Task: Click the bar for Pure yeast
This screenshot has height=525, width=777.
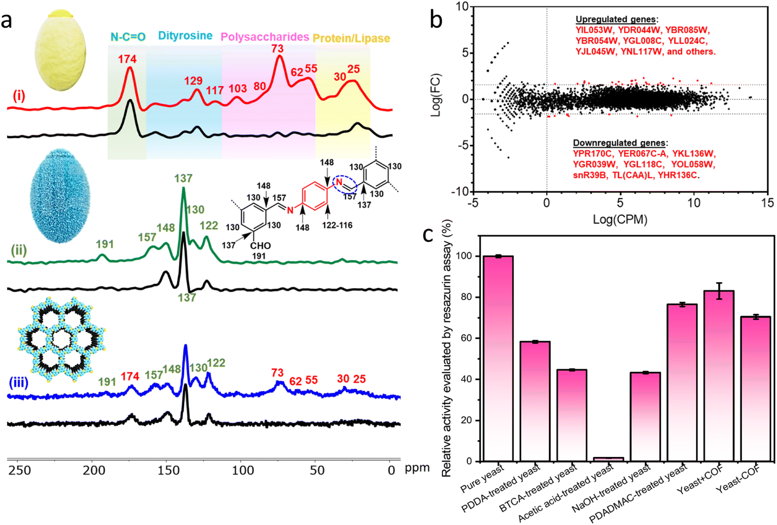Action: point(498,358)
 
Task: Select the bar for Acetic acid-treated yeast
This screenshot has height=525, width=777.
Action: point(608,459)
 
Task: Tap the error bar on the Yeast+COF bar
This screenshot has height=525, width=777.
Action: point(719,291)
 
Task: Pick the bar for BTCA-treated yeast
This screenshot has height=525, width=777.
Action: point(572,415)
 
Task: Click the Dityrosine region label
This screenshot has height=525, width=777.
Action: point(185,36)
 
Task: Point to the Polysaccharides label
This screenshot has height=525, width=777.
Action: point(265,37)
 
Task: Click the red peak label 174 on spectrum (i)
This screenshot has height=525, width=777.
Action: point(127,59)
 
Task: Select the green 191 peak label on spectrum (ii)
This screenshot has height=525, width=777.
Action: point(105,244)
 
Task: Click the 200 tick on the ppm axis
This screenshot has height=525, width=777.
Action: point(94,471)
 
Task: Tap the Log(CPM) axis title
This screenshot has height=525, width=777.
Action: point(620,220)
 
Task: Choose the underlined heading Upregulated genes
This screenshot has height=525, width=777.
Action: point(616,20)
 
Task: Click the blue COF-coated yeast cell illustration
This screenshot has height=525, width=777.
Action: point(60,196)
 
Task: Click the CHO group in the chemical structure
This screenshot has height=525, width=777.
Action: point(260,246)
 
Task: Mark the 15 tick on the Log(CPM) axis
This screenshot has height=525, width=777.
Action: point(767,203)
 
